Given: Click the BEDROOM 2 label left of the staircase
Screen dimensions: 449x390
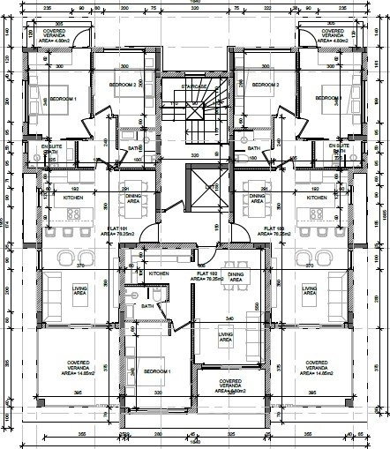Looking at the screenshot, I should tap(123, 84).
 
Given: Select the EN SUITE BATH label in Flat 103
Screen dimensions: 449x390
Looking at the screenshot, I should tap(338, 148).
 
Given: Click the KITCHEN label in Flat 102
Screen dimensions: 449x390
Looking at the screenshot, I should tap(158, 274).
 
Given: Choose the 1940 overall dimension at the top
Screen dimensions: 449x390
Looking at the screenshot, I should tap(196, 4).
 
